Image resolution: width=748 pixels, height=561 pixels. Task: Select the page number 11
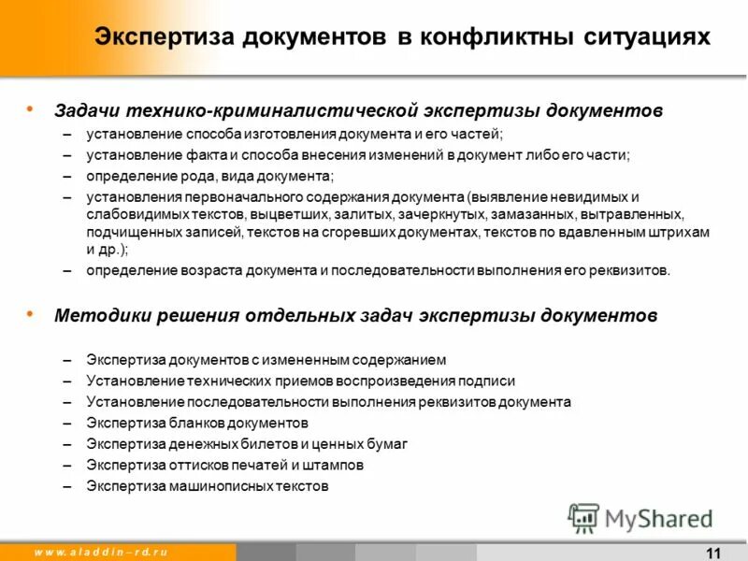click(714, 551)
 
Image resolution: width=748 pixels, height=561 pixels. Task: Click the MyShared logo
click(640, 518)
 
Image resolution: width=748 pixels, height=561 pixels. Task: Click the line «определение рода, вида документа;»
click(210, 176)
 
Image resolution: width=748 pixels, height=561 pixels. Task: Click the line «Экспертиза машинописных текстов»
click(208, 486)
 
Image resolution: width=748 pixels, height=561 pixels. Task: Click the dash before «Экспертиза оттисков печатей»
click(67, 465)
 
